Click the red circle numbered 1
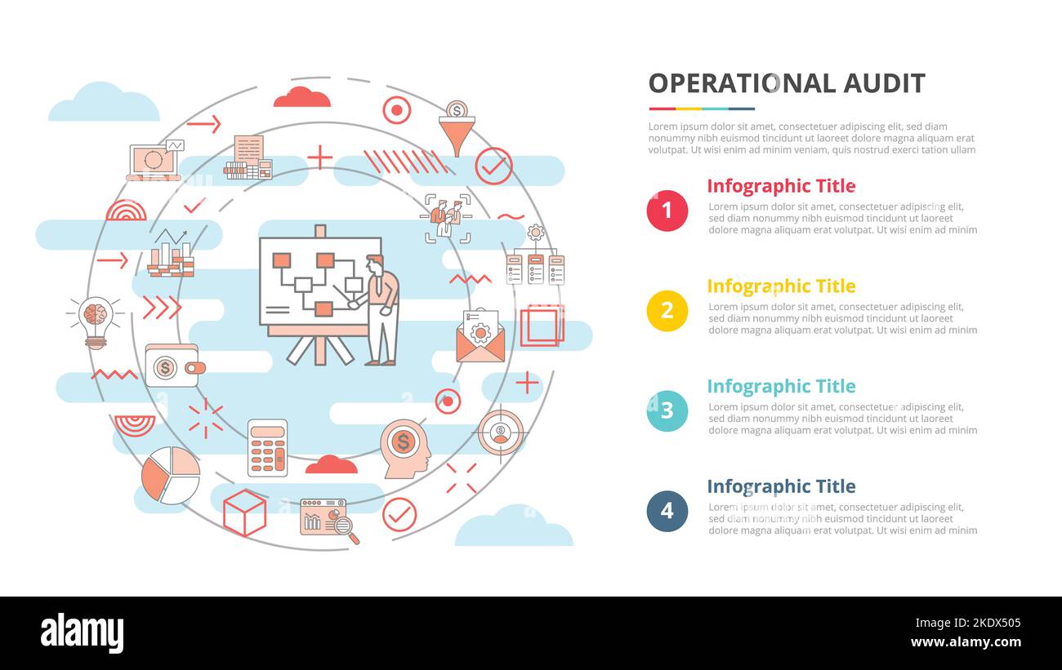point(667,211)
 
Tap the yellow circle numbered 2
point(667,311)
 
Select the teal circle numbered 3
point(667,411)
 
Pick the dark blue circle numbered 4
point(667,511)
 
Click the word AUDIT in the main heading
point(884,83)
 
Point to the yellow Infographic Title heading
point(781,286)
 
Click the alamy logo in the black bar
point(82,633)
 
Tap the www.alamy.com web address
point(966,642)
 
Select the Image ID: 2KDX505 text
point(968,623)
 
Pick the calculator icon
point(267,448)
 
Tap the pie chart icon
point(171,476)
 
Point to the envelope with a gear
point(480,336)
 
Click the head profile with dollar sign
point(405,449)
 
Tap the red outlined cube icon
point(244,512)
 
